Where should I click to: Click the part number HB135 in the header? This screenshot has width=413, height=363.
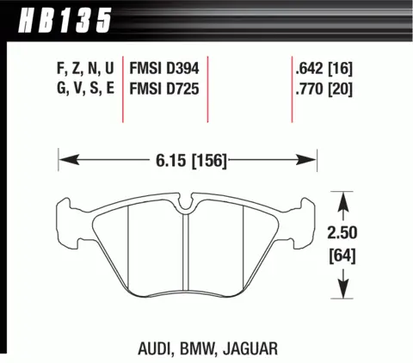(x=65, y=20)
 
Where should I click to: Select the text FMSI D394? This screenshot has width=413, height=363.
(x=164, y=69)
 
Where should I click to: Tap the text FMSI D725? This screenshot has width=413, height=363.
(x=164, y=89)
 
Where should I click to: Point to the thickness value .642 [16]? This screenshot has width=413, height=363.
(x=324, y=69)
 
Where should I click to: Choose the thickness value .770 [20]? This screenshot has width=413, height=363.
(x=324, y=89)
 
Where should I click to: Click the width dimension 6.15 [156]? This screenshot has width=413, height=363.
(x=191, y=160)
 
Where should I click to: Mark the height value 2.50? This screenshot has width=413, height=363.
(x=342, y=232)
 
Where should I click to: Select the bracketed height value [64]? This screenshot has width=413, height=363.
(x=342, y=255)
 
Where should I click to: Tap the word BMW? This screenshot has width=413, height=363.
(x=197, y=348)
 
